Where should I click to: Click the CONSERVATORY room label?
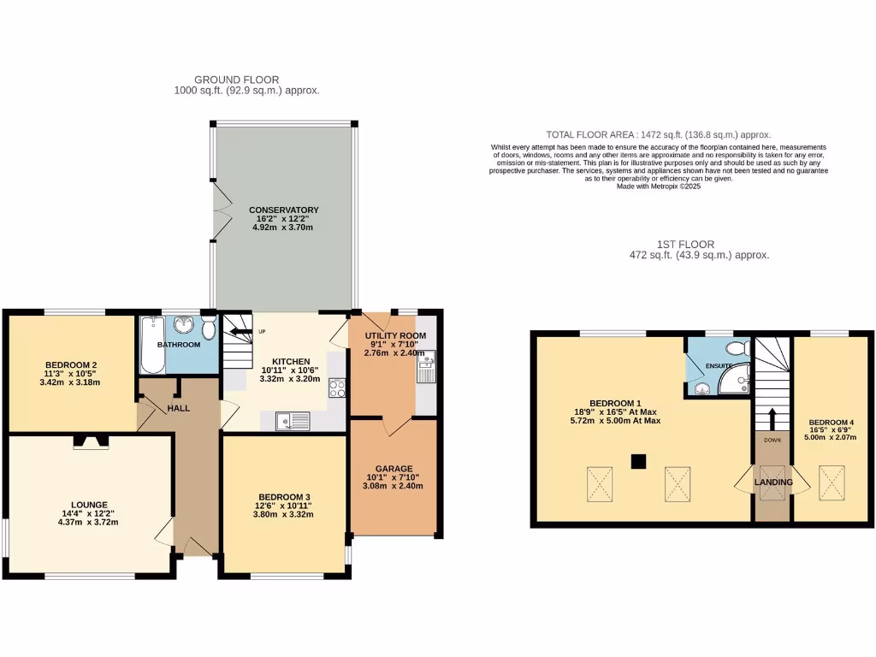(x=283, y=210)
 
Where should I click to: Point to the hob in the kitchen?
(x=337, y=388)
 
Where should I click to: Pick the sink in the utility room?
(x=425, y=370)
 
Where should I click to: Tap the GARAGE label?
(x=394, y=469)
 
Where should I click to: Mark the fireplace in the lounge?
(x=90, y=441)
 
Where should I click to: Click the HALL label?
(x=179, y=408)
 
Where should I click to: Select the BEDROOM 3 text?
(x=284, y=496)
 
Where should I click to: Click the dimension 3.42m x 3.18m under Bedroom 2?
(x=69, y=382)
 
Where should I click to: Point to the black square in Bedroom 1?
(x=636, y=462)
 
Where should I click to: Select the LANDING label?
(x=772, y=482)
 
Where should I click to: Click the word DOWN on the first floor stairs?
(x=772, y=440)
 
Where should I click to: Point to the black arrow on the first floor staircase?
(x=772, y=419)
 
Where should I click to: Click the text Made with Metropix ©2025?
(x=658, y=186)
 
